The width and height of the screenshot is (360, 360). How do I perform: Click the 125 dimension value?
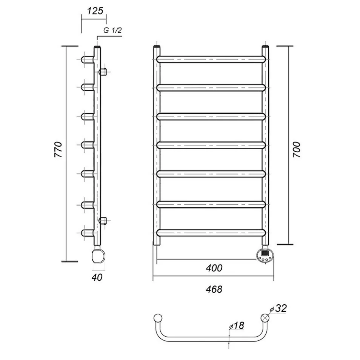(x=95, y=11)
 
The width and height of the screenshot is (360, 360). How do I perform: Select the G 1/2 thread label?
(x=112, y=31)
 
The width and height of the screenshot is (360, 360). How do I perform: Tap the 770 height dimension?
(x=58, y=150)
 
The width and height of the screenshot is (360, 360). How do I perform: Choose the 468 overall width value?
(x=214, y=289)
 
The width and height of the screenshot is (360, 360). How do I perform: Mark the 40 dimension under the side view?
(x=97, y=277)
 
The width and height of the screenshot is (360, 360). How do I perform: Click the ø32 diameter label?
(x=278, y=308)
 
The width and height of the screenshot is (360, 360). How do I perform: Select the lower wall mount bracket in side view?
(x=103, y=220)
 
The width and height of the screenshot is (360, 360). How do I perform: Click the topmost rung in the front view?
(x=211, y=59)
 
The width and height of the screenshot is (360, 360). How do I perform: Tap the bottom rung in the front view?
(x=211, y=232)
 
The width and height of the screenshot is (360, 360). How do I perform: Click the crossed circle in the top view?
(x=266, y=318)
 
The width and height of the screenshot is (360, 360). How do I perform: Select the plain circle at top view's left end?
(x=158, y=318)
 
